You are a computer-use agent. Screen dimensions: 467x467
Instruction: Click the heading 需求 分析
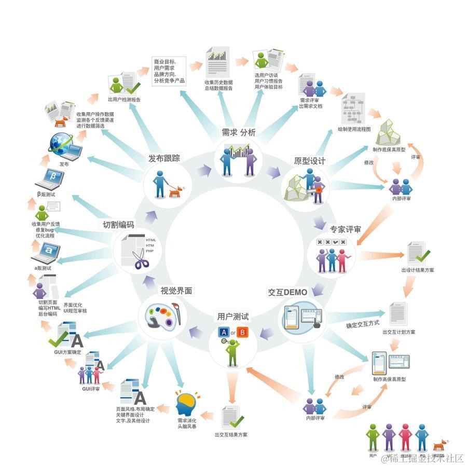pyautogui.click(x=239, y=132)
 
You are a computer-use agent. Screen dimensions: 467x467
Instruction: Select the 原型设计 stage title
pyautogui.click(x=310, y=161)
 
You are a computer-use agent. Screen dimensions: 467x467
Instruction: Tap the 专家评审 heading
pyautogui.click(x=345, y=229)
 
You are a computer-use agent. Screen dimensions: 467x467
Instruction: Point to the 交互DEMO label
pyautogui.click(x=287, y=292)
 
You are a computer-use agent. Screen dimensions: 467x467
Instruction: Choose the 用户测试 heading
pyautogui.click(x=233, y=316)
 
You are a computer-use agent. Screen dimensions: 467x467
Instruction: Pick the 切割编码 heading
pyautogui.click(x=118, y=225)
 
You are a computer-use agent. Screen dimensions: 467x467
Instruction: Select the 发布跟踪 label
pyautogui.click(x=164, y=158)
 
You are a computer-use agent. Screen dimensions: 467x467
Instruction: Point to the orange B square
pyautogui.click(x=243, y=332)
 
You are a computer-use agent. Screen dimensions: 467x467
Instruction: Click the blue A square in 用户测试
pyautogui.click(x=224, y=332)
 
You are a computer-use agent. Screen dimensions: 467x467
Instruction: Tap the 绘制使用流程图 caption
pyautogui.click(x=354, y=129)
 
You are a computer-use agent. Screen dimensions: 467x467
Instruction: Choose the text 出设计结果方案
pyautogui.click(x=418, y=270)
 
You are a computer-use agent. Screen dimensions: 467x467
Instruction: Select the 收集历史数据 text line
pyautogui.click(x=218, y=83)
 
